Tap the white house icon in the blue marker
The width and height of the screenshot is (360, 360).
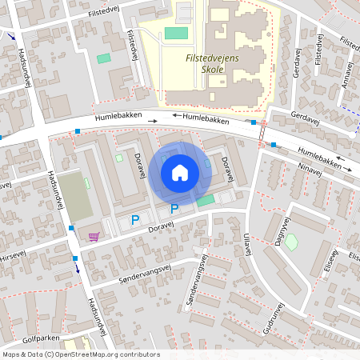pos(180,172)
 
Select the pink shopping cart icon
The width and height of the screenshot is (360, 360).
pos(94,236)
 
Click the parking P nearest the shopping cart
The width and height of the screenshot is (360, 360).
pos(135,219)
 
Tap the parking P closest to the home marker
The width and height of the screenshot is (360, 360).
pos(174,210)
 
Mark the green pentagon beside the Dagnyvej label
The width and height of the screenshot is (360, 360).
pos(290,241)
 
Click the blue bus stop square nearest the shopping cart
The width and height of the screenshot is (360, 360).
pos(71,228)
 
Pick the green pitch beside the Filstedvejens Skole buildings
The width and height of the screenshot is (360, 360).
pos(176,34)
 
